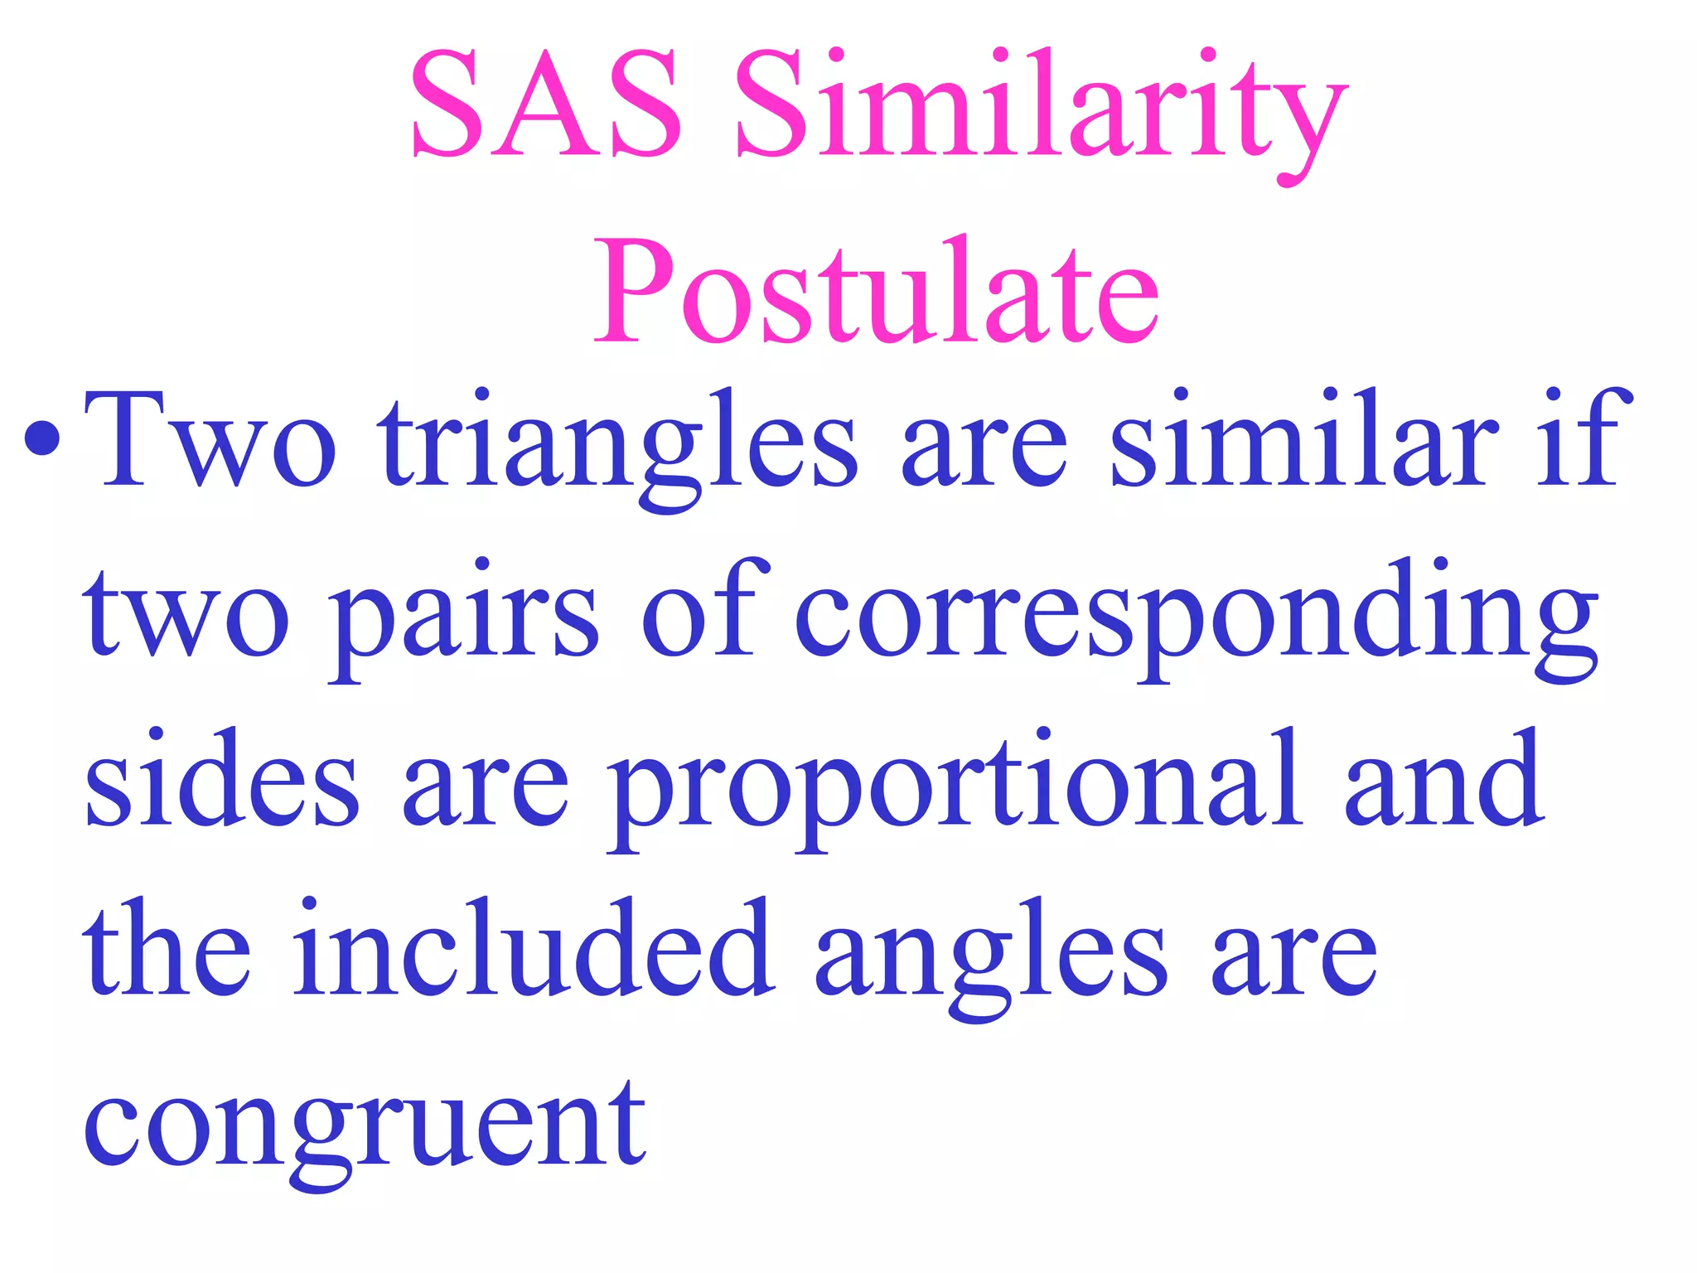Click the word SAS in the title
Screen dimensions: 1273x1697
(x=546, y=105)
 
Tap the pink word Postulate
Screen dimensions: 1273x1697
(x=877, y=292)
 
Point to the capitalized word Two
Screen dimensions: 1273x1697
(x=210, y=440)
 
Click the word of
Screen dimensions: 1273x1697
(x=704, y=609)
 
